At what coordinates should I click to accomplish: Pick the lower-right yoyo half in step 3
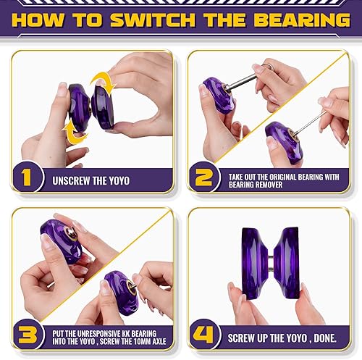point(121,292)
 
